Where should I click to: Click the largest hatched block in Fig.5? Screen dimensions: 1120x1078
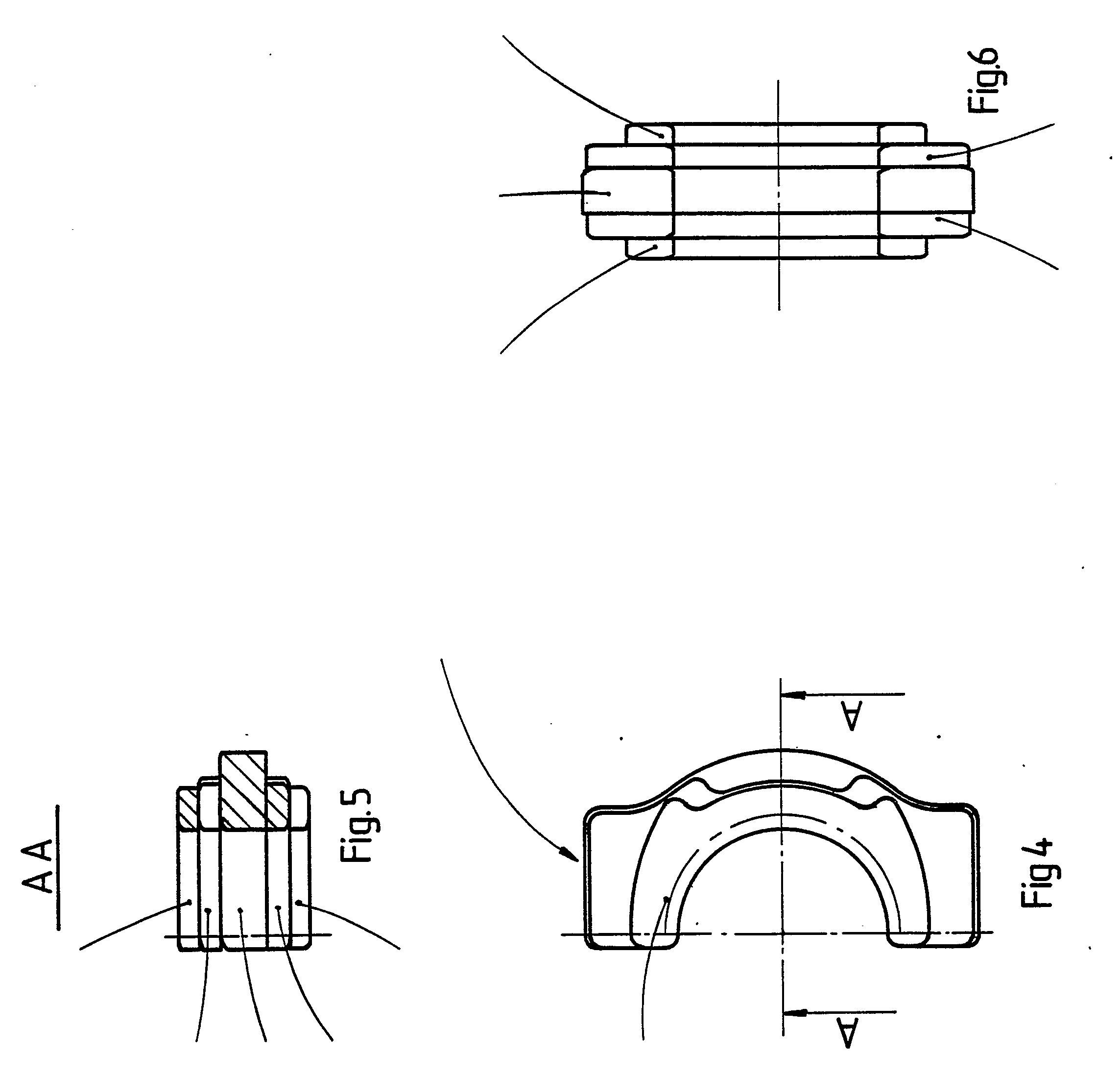click(243, 791)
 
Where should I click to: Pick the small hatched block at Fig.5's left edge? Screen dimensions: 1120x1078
click(189, 808)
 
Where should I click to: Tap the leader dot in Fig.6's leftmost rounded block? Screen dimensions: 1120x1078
click(609, 193)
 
